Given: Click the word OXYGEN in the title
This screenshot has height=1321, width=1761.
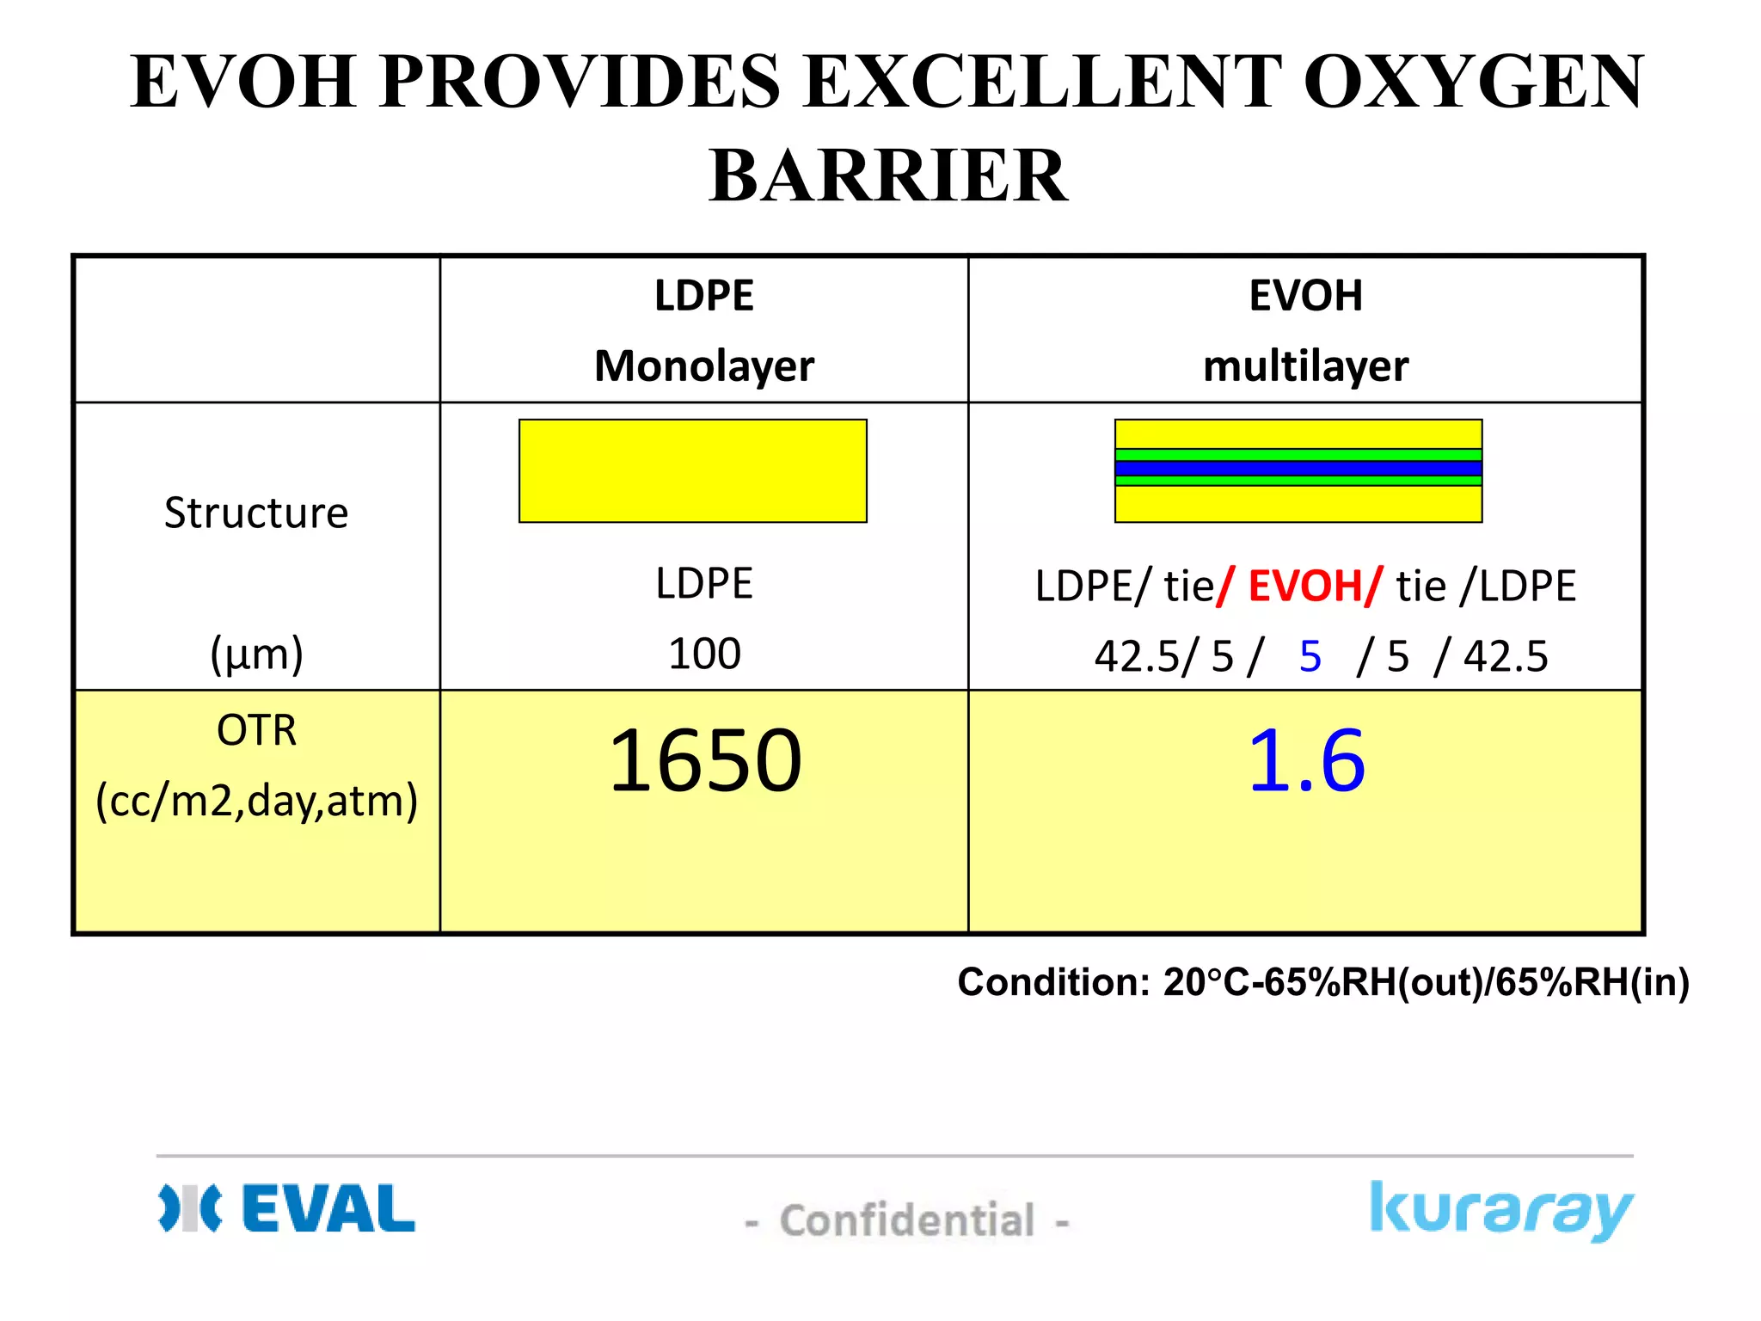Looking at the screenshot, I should [x=1473, y=82].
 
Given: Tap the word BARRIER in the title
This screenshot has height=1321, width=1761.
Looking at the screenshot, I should [x=888, y=175].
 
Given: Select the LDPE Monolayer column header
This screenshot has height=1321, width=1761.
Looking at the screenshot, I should [x=703, y=330].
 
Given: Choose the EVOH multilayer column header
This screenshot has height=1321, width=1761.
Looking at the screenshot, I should [x=1305, y=330].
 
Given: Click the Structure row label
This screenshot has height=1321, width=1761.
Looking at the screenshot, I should [x=256, y=513].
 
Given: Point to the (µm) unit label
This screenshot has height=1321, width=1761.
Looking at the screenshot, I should [x=256, y=654].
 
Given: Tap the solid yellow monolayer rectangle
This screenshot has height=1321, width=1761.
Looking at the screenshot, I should [x=692, y=470].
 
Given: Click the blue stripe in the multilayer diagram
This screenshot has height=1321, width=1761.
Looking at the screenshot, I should [x=1298, y=469].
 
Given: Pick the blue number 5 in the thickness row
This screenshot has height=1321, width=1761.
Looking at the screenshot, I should [x=1310, y=657].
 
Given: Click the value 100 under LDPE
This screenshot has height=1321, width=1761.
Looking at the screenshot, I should [x=704, y=654].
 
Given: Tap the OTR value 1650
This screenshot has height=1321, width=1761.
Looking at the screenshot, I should [x=705, y=760].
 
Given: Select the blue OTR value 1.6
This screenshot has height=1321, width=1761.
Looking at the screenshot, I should [x=1305, y=760].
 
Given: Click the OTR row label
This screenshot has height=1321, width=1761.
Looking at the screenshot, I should [x=256, y=731].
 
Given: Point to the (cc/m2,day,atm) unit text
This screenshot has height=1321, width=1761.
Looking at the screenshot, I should [x=256, y=801].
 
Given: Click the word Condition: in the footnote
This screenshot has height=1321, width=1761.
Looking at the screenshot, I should [x=1053, y=982].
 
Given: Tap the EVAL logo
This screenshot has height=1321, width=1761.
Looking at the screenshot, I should [x=287, y=1208].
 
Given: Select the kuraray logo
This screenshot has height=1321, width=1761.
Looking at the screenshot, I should [x=1500, y=1210].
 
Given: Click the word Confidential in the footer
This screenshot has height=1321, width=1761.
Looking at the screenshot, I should [x=906, y=1220].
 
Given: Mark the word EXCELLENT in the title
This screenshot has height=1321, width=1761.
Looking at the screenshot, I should [x=1041, y=82].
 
